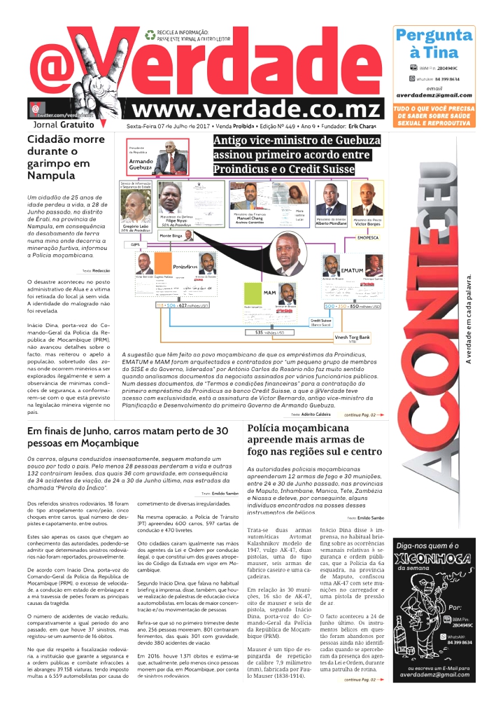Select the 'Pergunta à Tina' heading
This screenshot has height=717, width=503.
(x=433, y=43)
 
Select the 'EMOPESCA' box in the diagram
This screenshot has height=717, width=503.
(x=367, y=237)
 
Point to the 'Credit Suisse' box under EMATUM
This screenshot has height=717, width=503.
(x=320, y=323)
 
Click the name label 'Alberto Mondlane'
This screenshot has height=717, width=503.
(x=331, y=223)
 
